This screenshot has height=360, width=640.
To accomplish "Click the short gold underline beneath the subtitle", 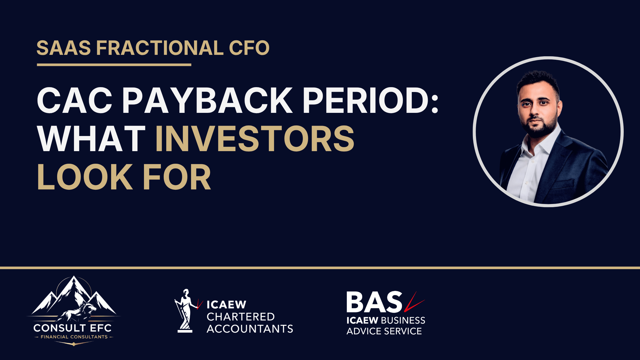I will pyautogui.click(x=114, y=65).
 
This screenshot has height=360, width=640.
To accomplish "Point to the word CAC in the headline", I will pyautogui.click(x=75, y=101).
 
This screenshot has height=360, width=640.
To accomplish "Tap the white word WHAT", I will pyautogui.click(x=91, y=139).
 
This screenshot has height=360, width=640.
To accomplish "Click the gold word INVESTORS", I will pyautogui.click(x=254, y=139).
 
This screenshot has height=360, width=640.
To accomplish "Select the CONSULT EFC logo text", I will pyautogui.click(x=73, y=328).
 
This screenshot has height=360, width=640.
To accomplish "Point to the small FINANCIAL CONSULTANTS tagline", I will pyautogui.click(x=74, y=337).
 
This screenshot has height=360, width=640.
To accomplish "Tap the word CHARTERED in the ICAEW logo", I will pyautogui.click(x=241, y=317).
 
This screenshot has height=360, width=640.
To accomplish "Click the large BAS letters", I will pyautogui.click(x=374, y=302).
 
